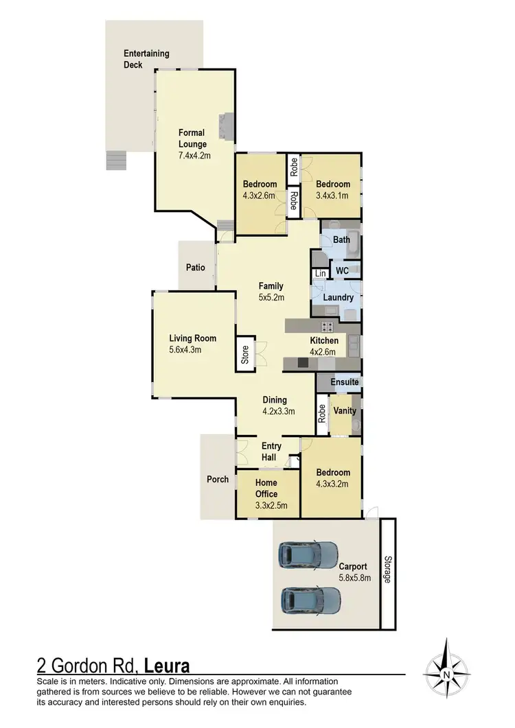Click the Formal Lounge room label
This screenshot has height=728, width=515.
[x=192, y=139]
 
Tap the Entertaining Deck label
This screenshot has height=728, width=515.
[x=146, y=58]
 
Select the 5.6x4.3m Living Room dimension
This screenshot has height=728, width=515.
[x=193, y=349]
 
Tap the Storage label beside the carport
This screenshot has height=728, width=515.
[x=387, y=570]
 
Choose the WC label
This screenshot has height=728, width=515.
[x=342, y=271]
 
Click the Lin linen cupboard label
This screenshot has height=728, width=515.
[x=320, y=274]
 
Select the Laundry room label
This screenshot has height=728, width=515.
[x=339, y=298]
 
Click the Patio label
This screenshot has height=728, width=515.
[x=195, y=268]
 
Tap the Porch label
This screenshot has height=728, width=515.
[x=218, y=479]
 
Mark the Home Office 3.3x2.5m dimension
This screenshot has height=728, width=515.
[x=266, y=506]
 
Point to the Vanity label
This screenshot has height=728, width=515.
[x=344, y=411]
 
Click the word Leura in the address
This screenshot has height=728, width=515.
[x=168, y=666]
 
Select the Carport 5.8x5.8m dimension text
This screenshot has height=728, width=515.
[x=354, y=578]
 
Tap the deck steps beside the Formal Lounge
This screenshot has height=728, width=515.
[x=117, y=160]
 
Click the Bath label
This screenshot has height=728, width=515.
[x=341, y=239]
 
